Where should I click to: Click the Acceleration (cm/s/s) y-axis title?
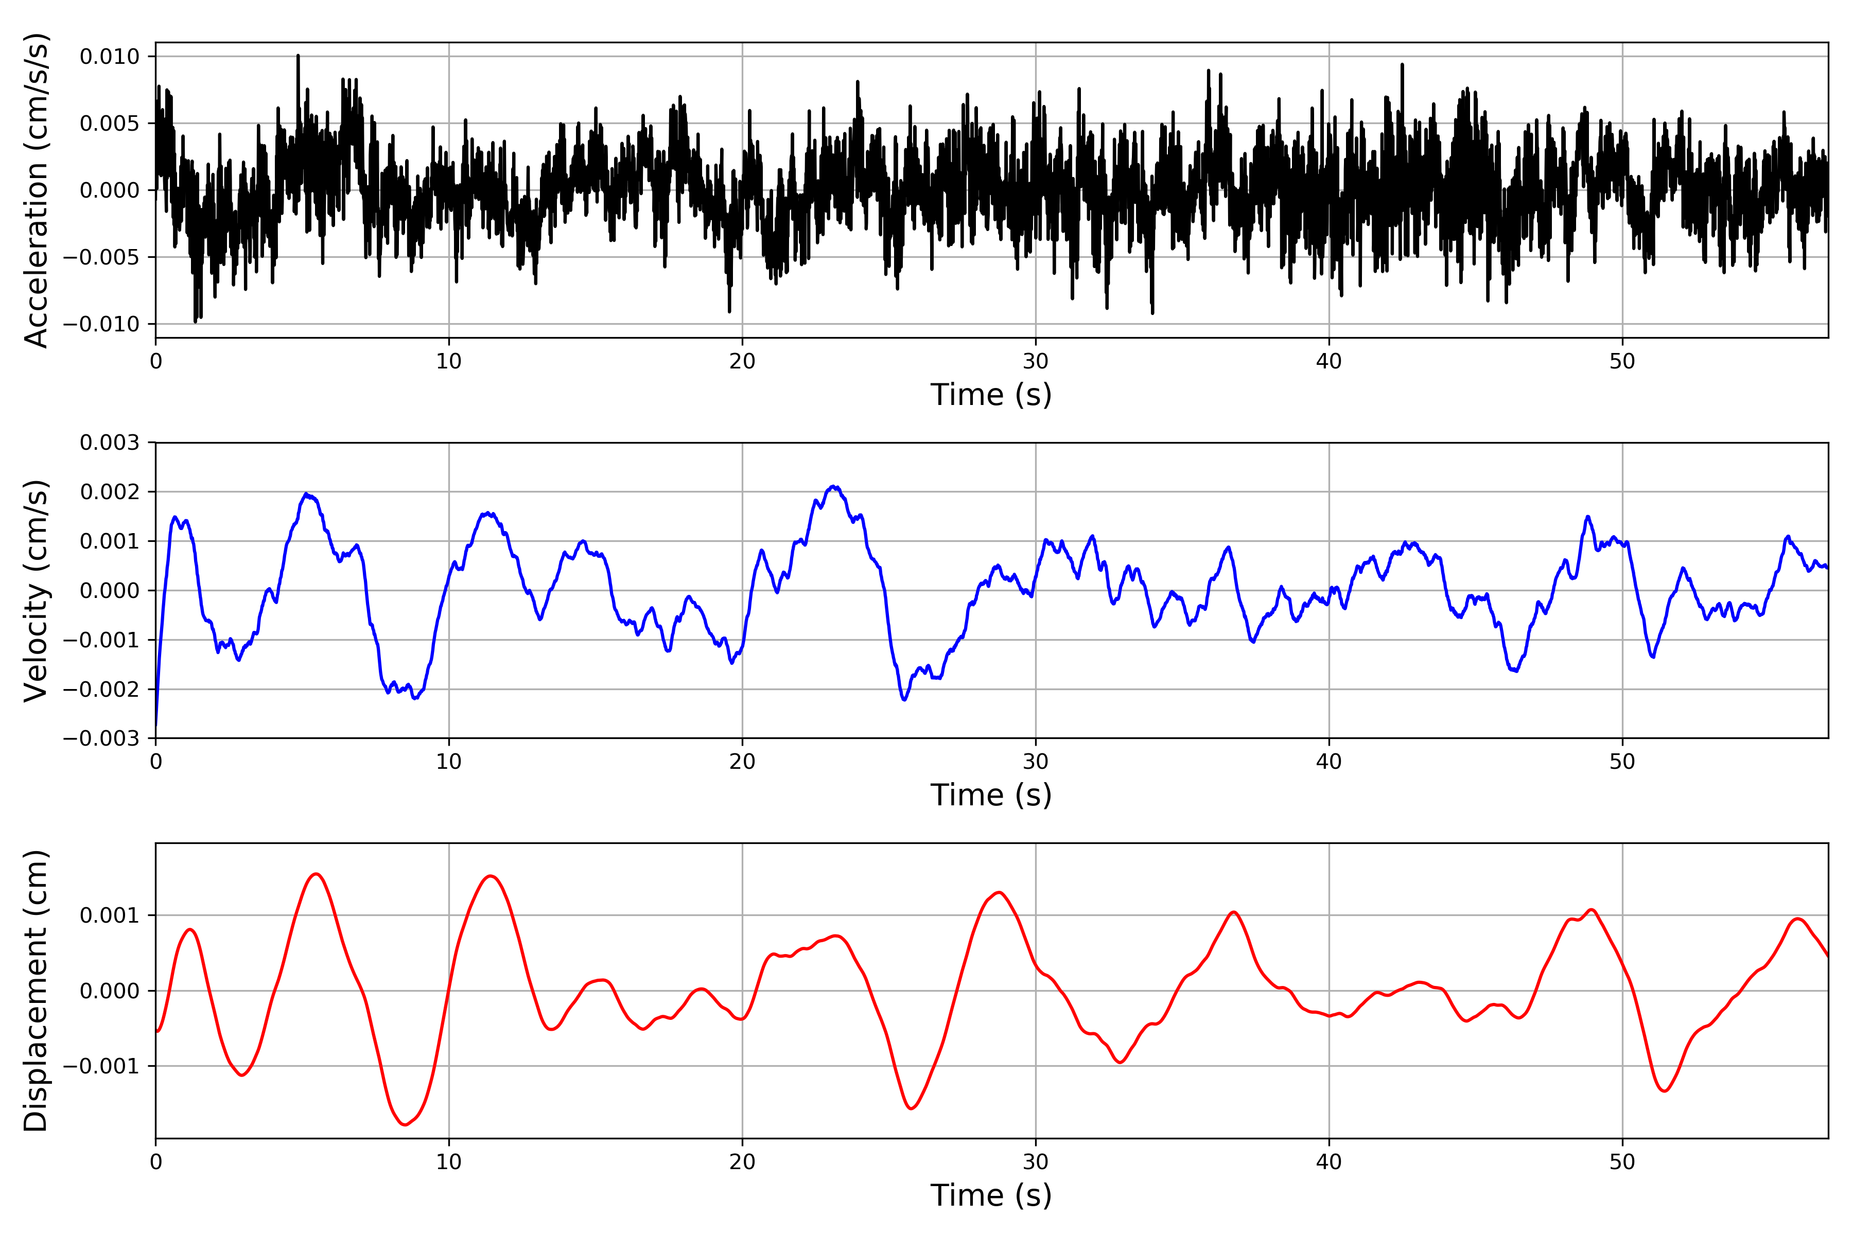36,190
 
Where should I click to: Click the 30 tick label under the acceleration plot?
1035,362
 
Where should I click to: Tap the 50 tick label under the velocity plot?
1622,762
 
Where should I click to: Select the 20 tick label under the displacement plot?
742,1162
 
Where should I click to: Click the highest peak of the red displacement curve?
316,873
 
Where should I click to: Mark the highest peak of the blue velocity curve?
833,487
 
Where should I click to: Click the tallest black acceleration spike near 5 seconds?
298,55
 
